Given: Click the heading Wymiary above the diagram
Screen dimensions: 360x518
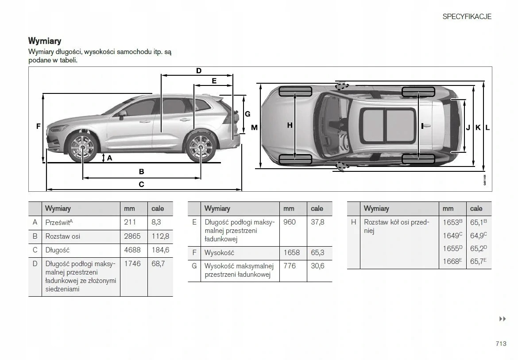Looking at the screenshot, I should pyautogui.click(x=45, y=41).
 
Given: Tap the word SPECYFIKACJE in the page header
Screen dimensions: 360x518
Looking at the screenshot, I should pyautogui.click(x=467, y=16).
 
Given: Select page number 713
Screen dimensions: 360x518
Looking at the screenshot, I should pyautogui.click(x=501, y=344).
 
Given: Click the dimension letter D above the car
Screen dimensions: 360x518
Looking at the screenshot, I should pyautogui.click(x=199, y=71).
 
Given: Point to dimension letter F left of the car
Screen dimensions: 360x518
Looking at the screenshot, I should pyautogui.click(x=39, y=126).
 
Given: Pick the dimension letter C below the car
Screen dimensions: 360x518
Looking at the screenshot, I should pyautogui.click(x=141, y=184).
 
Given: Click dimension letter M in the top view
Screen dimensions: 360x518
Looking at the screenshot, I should pyautogui.click(x=254, y=128).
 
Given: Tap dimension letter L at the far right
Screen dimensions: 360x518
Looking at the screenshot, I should pyautogui.click(x=487, y=128).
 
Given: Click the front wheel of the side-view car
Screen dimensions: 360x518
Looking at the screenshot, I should pyautogui.click(x=82, y=147).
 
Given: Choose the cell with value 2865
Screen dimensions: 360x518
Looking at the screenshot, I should pyautogui.click(x=132, y=236).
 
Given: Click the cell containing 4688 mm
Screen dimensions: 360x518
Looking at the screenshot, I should pyautogui.click(x=132, y=250).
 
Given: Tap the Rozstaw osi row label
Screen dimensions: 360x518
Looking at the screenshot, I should pyautogui.click(x=63, y=236).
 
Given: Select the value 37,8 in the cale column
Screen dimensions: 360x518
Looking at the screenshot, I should pyautogui.click(x=317, y=222).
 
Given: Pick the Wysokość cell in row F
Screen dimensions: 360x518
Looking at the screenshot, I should pyautogui.click(x=219, y=253).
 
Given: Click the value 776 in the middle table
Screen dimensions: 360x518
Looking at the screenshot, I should pyautogui.click(x=290, y=266).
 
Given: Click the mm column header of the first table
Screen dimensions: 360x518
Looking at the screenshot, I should pyautogui.click(x=130, y=209).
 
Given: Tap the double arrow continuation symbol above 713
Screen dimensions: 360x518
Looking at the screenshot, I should pyautogui.click(x=503, y=319).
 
